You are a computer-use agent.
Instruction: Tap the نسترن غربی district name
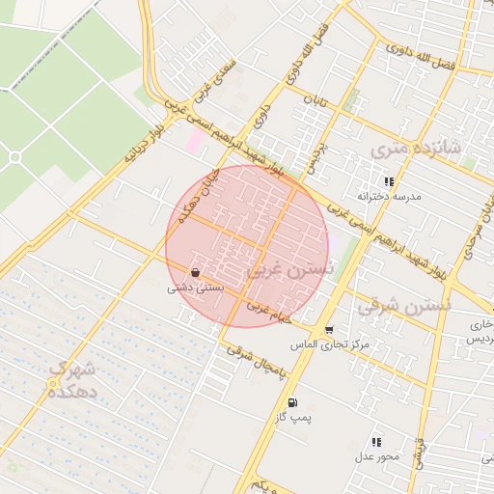point(290,271)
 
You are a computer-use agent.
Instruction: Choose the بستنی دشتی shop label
point(196,287)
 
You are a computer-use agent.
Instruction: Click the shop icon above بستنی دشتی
point(196,272)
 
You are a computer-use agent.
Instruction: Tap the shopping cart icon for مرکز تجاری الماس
point(329,330)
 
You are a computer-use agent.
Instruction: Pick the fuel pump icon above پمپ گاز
point(290,402)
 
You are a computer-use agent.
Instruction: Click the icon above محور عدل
point(375,441)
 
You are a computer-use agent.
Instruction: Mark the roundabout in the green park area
point(14,156)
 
